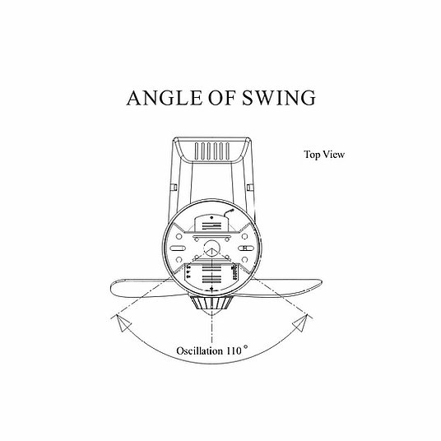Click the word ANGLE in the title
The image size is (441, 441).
(x=165, y=98)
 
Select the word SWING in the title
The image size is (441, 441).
(x=279, y=98)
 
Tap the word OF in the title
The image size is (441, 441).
(x=222, y=98)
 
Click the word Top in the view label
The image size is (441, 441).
(x=312, y=155)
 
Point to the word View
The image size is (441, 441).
(x=333, y=155)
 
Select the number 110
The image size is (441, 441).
(x=234, y=350)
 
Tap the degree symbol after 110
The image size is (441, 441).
(x=246, y=347)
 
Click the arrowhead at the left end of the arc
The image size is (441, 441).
(x=122, y=323)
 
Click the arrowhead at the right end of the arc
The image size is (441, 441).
(x=301, y=323)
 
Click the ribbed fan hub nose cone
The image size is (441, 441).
(x=211, y=305)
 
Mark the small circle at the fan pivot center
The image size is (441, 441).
(x=211, y=248)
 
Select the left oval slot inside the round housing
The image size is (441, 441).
(x=178, y=248)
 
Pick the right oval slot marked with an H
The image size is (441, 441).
(x=245, y=248)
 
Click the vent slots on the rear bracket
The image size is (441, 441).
(x=212, y=151)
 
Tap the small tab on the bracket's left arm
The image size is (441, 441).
(x=174, y=188)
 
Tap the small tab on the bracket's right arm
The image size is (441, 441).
(x=250, y=188)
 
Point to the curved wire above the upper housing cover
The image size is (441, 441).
(x=229, y=213)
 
